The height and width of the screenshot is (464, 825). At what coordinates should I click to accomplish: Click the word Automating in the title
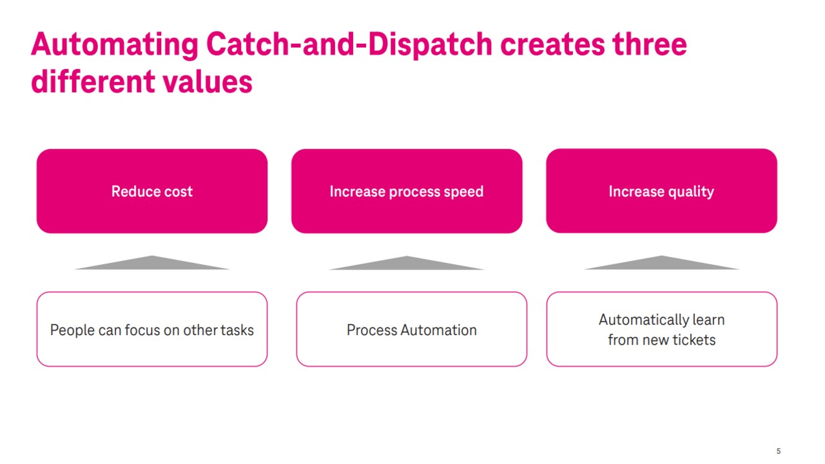click(x=114, y=44)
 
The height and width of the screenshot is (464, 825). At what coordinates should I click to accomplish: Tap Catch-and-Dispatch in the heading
click(x=349, y=44)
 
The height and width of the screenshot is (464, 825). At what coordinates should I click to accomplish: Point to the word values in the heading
click(x=207, y=82)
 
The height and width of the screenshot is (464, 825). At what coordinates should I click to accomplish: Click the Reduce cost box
click(x=152, y=191)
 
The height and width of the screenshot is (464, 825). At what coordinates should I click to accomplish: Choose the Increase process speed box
click(x=407, y=191)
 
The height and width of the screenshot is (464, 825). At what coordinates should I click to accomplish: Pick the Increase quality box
click(x=661, y=191)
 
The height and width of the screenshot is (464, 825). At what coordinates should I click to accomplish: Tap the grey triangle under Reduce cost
click(x=152, y=264)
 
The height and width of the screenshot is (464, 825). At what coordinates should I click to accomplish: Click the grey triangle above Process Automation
click(x=407, y=264)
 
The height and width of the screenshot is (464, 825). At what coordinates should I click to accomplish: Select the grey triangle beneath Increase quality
click(x=661, y=264)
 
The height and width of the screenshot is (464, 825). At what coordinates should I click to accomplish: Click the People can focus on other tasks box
click(x=152, y=329)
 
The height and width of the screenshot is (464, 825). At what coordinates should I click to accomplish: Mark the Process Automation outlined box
click(x=412, y=329)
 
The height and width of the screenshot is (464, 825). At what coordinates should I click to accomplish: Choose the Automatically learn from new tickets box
click(x=661, y=329)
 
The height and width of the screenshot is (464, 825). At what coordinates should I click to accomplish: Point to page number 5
click(x=779, y=451)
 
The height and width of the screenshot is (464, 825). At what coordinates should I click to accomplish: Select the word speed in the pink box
click(x=464, y=191)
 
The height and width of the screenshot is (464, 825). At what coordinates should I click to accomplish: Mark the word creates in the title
click(x=552, y=44)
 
